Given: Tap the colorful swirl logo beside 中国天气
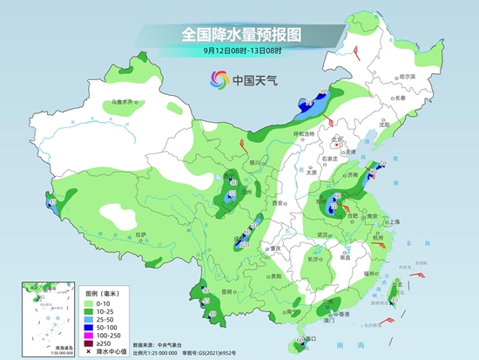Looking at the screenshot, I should coord(217,80).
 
